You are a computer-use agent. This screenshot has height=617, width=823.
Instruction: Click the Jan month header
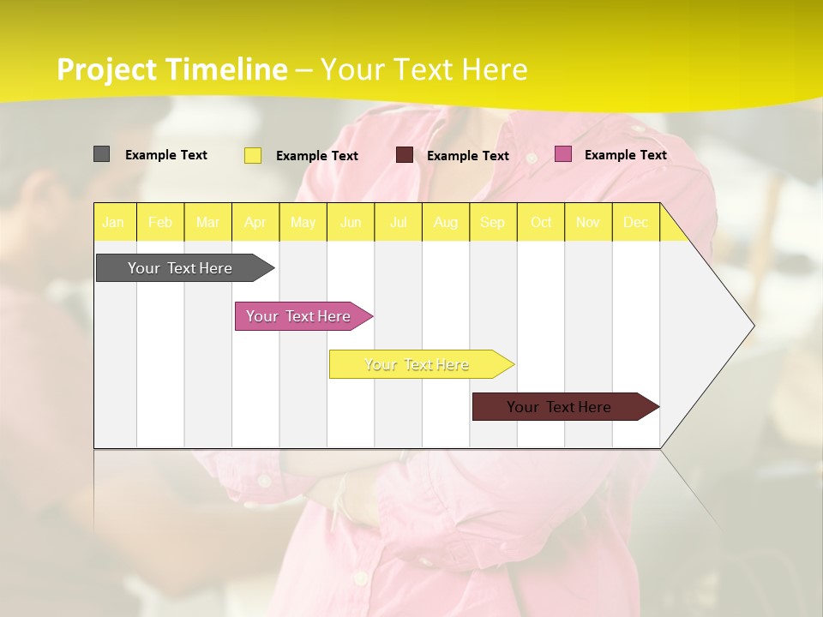[x=113, y=222]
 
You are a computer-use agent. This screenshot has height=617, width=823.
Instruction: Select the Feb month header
[x=160, y=222]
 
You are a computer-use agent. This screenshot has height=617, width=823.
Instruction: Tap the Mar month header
[x=207, y=222]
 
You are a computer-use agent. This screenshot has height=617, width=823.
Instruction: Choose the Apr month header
[x=255, y=222]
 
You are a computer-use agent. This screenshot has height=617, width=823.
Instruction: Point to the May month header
[x=303, y=222]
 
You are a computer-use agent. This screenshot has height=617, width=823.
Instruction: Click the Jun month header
[x=351, y=222]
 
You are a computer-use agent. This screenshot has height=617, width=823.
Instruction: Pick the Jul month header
[x=398, y=222]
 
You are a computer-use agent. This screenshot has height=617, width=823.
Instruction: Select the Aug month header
[x=445, y=222]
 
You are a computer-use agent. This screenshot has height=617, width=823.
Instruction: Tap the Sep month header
[x=492, y=222]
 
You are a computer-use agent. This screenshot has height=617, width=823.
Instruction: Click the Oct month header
[x=541, y=222]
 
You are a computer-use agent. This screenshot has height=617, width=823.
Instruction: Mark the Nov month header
[x=588, y=222]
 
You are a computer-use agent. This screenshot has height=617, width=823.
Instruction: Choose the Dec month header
[x=635, y=222]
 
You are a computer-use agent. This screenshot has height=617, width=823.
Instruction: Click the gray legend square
[x=101, y=154]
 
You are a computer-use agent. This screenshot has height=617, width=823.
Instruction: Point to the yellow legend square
[x=253, y=155]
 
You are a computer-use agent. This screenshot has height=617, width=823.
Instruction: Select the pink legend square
[x=563, y=154]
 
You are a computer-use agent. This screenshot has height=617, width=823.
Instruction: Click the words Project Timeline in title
[x=171, y=69]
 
